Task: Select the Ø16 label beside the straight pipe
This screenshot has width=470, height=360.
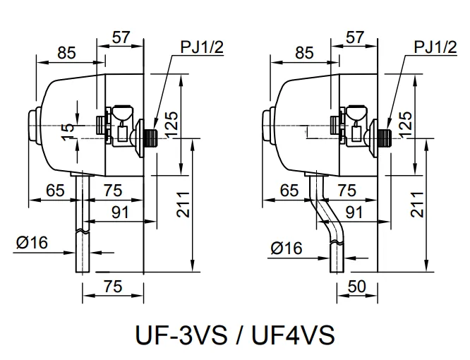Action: [30, 243]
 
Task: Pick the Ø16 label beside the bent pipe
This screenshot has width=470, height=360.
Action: [285, 247]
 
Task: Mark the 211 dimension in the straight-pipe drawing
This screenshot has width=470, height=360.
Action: [181, 205]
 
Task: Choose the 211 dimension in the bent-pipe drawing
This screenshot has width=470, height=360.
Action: [416, 205]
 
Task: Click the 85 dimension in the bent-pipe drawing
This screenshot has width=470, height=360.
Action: [303, 52]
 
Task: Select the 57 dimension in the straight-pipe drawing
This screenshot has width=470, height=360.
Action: [121, 38]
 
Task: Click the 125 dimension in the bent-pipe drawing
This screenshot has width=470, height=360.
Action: [406, 124]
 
